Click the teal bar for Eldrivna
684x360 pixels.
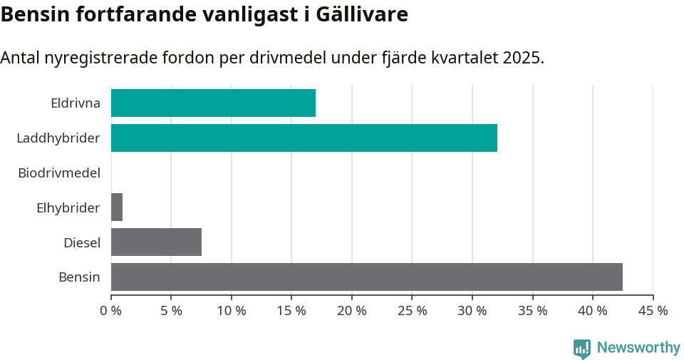click(213, 103)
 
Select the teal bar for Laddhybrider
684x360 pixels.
click(304, 138)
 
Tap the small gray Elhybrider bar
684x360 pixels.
click(117, 207)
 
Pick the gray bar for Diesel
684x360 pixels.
click(156, 242)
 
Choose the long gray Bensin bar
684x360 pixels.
click(367, 277)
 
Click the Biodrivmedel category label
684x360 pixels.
click(59, 173)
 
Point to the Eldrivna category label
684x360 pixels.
click(76, 103)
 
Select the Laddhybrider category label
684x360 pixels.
click(58, 138)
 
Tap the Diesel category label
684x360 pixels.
click(82, 242)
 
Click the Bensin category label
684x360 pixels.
click(79, 277)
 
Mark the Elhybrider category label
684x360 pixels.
click(68, 207)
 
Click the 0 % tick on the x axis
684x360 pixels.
click(111, 311)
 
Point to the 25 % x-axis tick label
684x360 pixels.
click(413, 311)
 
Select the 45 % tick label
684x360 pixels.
click(653, 311)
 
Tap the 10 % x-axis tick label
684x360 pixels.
click(232, 311)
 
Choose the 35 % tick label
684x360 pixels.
click(533, 311)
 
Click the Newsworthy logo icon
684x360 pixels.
click(582, 348)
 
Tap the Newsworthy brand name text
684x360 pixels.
click(638, 348)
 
